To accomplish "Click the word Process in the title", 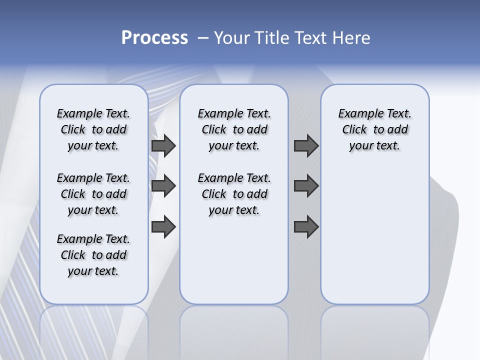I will (154, 38).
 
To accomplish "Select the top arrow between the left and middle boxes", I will (163, 145).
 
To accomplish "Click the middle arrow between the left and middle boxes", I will (163, 186).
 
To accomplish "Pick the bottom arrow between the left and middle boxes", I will (163, 227).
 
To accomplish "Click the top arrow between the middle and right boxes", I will (306, 145).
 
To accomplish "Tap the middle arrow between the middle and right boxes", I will (306, 186).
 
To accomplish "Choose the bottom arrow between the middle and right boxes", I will (306, 227).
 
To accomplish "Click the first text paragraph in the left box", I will (93, 129).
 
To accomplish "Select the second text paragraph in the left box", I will (93, 194).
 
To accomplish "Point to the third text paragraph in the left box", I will (93, 255).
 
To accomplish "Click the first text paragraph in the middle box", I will (234, 129).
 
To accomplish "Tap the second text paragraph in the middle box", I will (234, 194).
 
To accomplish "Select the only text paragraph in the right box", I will (375, 129).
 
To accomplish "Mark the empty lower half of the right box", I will (375, 240).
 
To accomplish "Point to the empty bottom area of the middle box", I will (234, 265).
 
